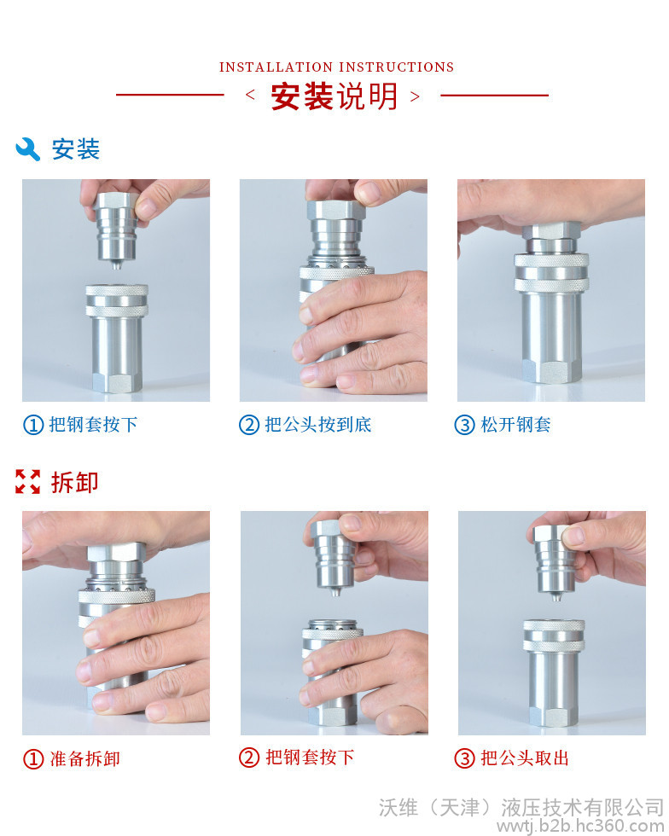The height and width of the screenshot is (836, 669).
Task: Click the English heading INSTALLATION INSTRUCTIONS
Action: [336, 67]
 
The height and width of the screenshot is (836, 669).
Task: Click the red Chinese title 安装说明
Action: [334, 96]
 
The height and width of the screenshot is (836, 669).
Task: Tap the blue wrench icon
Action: [28, 148]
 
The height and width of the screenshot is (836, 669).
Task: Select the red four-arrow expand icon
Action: [28, 481]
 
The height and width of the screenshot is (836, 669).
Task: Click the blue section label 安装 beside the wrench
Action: [75, 148]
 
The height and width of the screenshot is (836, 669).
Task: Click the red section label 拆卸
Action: [75, 482]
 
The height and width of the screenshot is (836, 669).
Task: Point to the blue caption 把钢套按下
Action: [93, 425]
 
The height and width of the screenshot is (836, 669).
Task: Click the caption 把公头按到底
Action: [318, 425]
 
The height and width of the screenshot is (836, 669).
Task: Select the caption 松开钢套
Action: [515, 425]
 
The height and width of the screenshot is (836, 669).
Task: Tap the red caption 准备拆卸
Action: [84, 758]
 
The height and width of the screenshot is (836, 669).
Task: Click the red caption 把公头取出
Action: [525, 758]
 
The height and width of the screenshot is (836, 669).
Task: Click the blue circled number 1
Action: [33, 425]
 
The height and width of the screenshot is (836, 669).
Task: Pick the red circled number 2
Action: [248, 758]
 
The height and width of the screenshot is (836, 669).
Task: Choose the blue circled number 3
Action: [464, 425]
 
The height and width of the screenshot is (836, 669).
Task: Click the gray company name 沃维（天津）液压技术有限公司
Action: [521, 807]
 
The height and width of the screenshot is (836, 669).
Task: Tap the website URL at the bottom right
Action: [580, 827]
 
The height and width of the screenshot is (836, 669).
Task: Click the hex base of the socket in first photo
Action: [117, 383]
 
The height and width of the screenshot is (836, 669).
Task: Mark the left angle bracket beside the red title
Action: [250, 96]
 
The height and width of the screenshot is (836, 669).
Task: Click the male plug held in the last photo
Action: [556, 561]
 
